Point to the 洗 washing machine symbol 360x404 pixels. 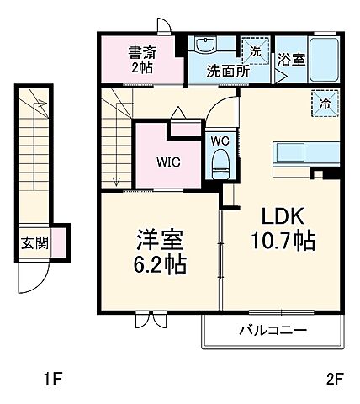pos(256,50)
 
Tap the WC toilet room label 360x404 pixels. pos(220,141)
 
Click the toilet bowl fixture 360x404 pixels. pos(221,162)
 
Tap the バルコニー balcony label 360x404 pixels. pos(271,329)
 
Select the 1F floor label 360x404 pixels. pos(51,379)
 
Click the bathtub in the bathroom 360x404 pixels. pos(324,60)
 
